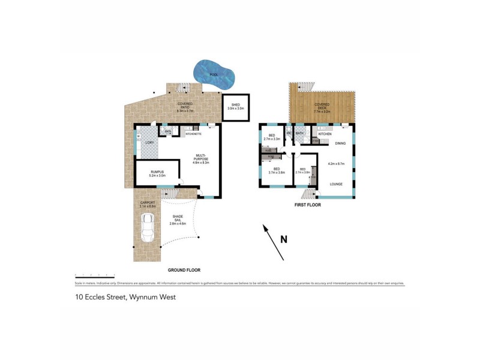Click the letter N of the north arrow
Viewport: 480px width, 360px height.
[284, 239]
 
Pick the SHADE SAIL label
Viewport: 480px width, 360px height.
[179, 218]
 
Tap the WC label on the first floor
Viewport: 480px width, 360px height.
[289, 133]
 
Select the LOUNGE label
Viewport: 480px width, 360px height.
[337, 184]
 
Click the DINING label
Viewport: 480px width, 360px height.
[340, 143]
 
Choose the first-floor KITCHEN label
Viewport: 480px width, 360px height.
[325, 134]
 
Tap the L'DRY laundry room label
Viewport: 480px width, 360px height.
[149, 142]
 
